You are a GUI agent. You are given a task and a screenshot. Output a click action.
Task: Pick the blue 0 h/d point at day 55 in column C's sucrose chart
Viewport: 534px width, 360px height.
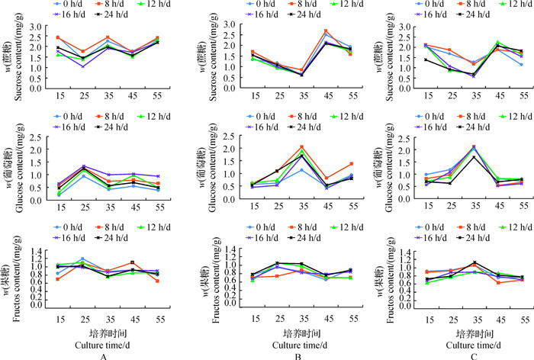pos(521,64)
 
